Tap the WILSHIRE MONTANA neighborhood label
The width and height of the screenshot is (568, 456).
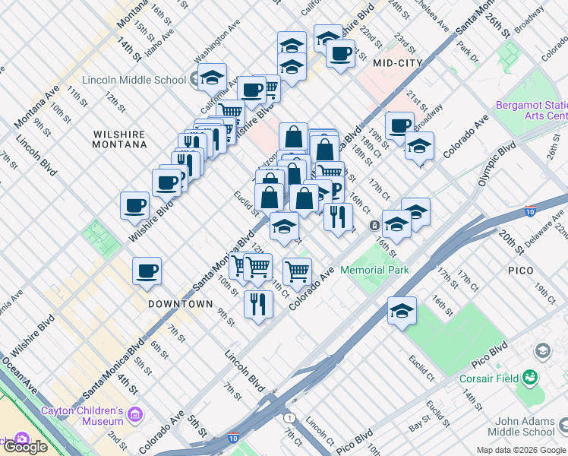pyautogui.click(x=119, y=138)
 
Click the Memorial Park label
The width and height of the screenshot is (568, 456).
pyautogui.click(x=374, y=270)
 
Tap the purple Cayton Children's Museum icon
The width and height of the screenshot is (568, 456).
pyautogui.click(x=135, y=415)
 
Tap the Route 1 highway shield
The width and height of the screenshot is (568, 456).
pyautogui.click(x=289, y=418)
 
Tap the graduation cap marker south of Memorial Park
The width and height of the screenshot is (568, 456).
pyautogui.click(x=402, y=309)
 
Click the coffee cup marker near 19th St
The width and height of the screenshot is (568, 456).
pyautogui.click(x=399, y=125)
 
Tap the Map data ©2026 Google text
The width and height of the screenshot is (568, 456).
pyautogui.click(x=521, y=450)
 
